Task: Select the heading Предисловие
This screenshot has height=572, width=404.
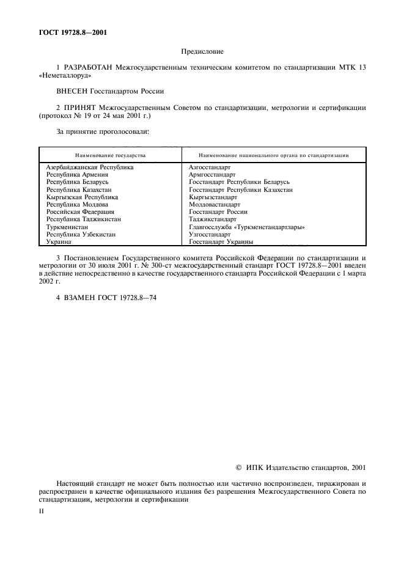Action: (x=202, y=53)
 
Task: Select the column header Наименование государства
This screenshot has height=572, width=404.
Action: (x=111, y=155)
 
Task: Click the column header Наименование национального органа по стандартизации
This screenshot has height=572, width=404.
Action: (x=274, y=155)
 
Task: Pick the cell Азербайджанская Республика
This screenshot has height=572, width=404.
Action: (x=90, y=167)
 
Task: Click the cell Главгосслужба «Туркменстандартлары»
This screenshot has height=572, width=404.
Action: (x=248, y=227)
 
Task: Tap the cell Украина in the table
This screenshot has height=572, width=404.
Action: (x=59, y=242)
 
